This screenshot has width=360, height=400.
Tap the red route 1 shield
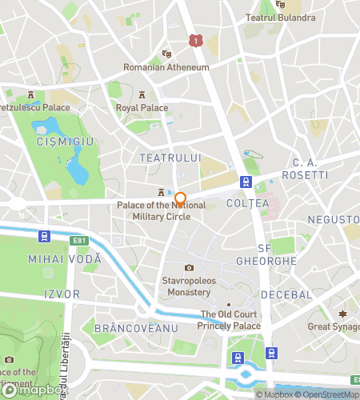pyautogui.click(x=194, y=39)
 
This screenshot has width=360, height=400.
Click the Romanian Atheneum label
pyautogui.click(x=166, y=67)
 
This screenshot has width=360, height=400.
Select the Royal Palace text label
pyautogui.click(x=142, y=107)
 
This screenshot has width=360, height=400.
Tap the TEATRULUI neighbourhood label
pyautogui.click(x=170, y=158)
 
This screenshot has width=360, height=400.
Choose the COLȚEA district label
pyautogui.click(x=248, y=204)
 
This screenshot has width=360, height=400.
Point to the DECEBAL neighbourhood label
pyautogui.click(x=286, y=294)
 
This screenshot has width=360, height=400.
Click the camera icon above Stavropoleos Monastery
pyautogui.click(x=189, y=268)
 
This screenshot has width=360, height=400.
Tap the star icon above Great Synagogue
pyautogui.click(x=345, y=313)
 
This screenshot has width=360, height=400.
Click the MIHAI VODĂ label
pyautogui.click(x=65, y=259)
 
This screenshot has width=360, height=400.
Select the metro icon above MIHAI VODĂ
pyautogui.click(x=43, y=236)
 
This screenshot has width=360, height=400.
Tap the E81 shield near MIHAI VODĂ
pyautogui.click(x=78, y=239)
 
